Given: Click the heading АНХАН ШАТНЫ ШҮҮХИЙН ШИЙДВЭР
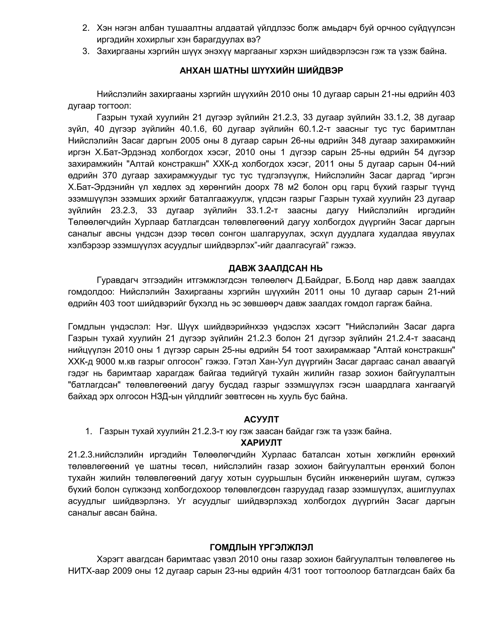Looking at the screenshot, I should tap(261, 71).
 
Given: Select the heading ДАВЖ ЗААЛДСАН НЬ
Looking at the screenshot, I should tap(276, 268).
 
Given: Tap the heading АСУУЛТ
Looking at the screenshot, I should tap(261, 419).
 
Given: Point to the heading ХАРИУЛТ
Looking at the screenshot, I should tap(261, 443).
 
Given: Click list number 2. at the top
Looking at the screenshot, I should tap(86, 28).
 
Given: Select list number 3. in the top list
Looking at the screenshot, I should tap(86, 51).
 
